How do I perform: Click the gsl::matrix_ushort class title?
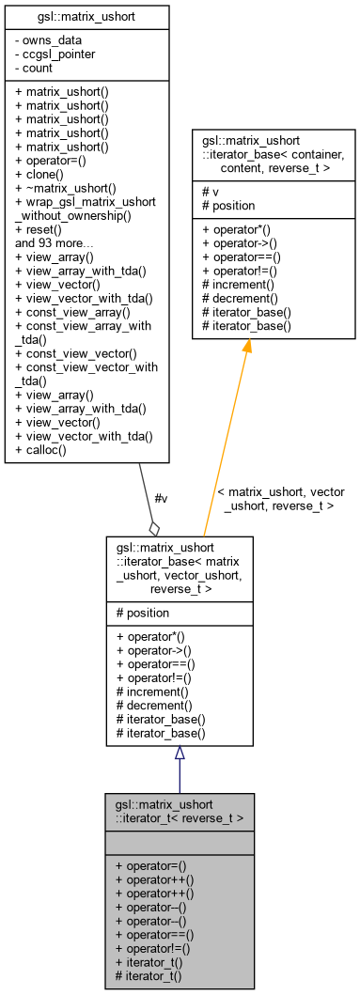(x=86, y=16)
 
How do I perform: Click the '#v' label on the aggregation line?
(x=161, y=498)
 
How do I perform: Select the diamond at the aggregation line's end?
(x=154, y=528)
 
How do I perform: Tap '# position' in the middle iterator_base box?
(x=143, y=613)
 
